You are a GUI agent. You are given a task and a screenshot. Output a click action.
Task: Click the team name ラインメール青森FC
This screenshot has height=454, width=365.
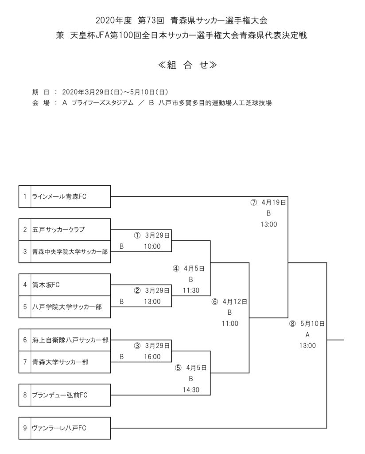pyautogui.click(x=59, y=196)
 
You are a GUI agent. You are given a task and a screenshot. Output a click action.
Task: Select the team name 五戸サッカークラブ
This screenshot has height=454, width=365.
pyautogui.click(x=58, y=230)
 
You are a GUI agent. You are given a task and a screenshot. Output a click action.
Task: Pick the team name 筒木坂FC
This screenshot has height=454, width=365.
pyautogui.click(x=46, y=285)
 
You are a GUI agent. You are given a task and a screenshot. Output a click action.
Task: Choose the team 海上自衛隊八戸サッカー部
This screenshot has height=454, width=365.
pyautogui.click(x=70, y=340)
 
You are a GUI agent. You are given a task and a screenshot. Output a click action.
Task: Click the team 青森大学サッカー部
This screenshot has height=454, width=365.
pyautogui.click(x=60, y=362)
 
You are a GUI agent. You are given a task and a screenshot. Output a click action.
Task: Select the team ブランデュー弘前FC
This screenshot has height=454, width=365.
pyautogui.click(x=60, y=395)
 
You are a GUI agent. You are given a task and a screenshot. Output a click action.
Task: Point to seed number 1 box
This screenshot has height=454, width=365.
pyautogui.click(x=25, y=196)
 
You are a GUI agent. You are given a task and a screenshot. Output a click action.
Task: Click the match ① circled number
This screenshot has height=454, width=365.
pyautogui.click(x=137, y=235)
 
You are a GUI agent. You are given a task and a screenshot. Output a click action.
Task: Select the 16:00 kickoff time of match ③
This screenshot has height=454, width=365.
pyautogui.click(x=152, y=356)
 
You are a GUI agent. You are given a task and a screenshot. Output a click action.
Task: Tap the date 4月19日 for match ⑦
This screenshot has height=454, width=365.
pyautogui.click(x=273, y=202)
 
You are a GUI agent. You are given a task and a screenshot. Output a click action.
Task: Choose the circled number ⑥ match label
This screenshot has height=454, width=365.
pyautogui.click(x=215, y=301)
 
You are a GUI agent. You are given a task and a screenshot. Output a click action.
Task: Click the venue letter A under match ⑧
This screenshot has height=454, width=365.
pyautogui.click(x=307, y=334)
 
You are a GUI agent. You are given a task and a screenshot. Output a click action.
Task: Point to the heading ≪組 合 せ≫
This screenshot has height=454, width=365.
pyautogui.click(x=182, y=65)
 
